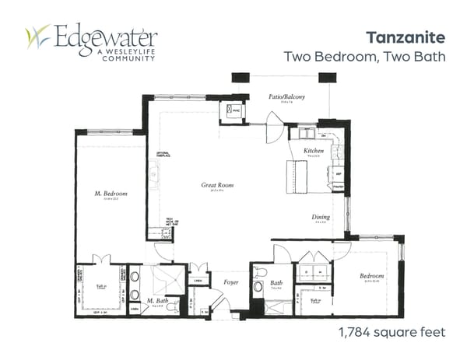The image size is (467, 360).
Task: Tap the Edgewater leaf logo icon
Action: point(38,37)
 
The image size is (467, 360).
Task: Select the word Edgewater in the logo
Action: point(104,35)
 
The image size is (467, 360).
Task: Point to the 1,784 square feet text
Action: point(392,332)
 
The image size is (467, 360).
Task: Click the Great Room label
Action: point(218,185)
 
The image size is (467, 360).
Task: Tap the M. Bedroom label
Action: point(112,193)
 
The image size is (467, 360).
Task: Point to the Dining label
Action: point(321,217)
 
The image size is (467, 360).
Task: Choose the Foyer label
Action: point(230,282)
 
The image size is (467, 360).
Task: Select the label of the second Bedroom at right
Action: point(371,277)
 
